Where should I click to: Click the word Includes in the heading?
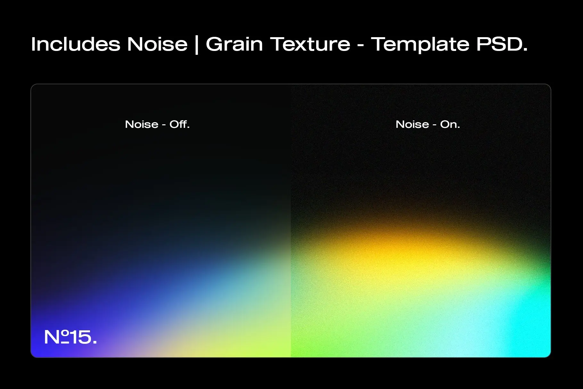coord(76,44)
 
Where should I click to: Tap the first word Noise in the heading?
coord(157,44)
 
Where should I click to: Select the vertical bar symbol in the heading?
coord(196,45)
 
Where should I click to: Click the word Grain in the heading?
coord(234,44)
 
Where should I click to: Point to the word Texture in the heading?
coord(310,44)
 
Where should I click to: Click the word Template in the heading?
coord(420,45)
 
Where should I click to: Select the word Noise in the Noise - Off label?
coord(142,124)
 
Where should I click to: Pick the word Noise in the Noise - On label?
coord(412,124)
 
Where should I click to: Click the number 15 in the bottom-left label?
coord(80,337)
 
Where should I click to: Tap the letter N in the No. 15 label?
coord(52,337)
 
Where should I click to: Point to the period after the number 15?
coord(94,342)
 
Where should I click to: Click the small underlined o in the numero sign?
coord(65,336)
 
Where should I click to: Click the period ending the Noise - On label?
coord(459,127)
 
